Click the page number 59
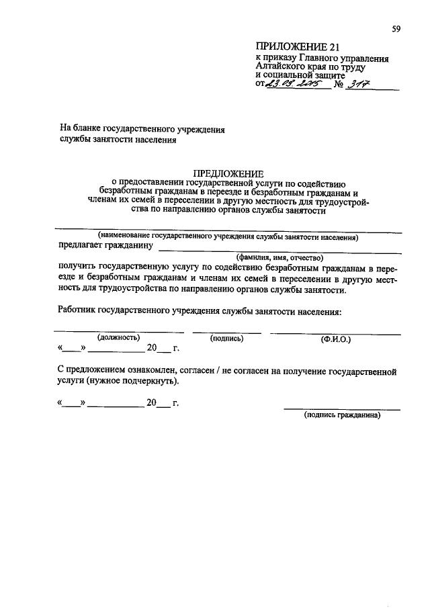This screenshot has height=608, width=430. (x=396, y=28)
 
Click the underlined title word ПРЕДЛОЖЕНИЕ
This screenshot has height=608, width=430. (x=228, y=173)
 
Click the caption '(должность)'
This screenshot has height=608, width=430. (x=118, y=338)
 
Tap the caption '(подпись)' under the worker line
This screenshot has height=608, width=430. (x=226, y=338)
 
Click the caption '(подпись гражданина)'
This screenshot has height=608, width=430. (x=342, y=415)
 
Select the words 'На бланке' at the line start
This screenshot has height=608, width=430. (x=79, y=128)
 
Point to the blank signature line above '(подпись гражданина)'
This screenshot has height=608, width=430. (x=342, y=408)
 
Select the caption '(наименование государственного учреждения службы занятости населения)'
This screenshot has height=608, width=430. (x=228, y=236)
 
